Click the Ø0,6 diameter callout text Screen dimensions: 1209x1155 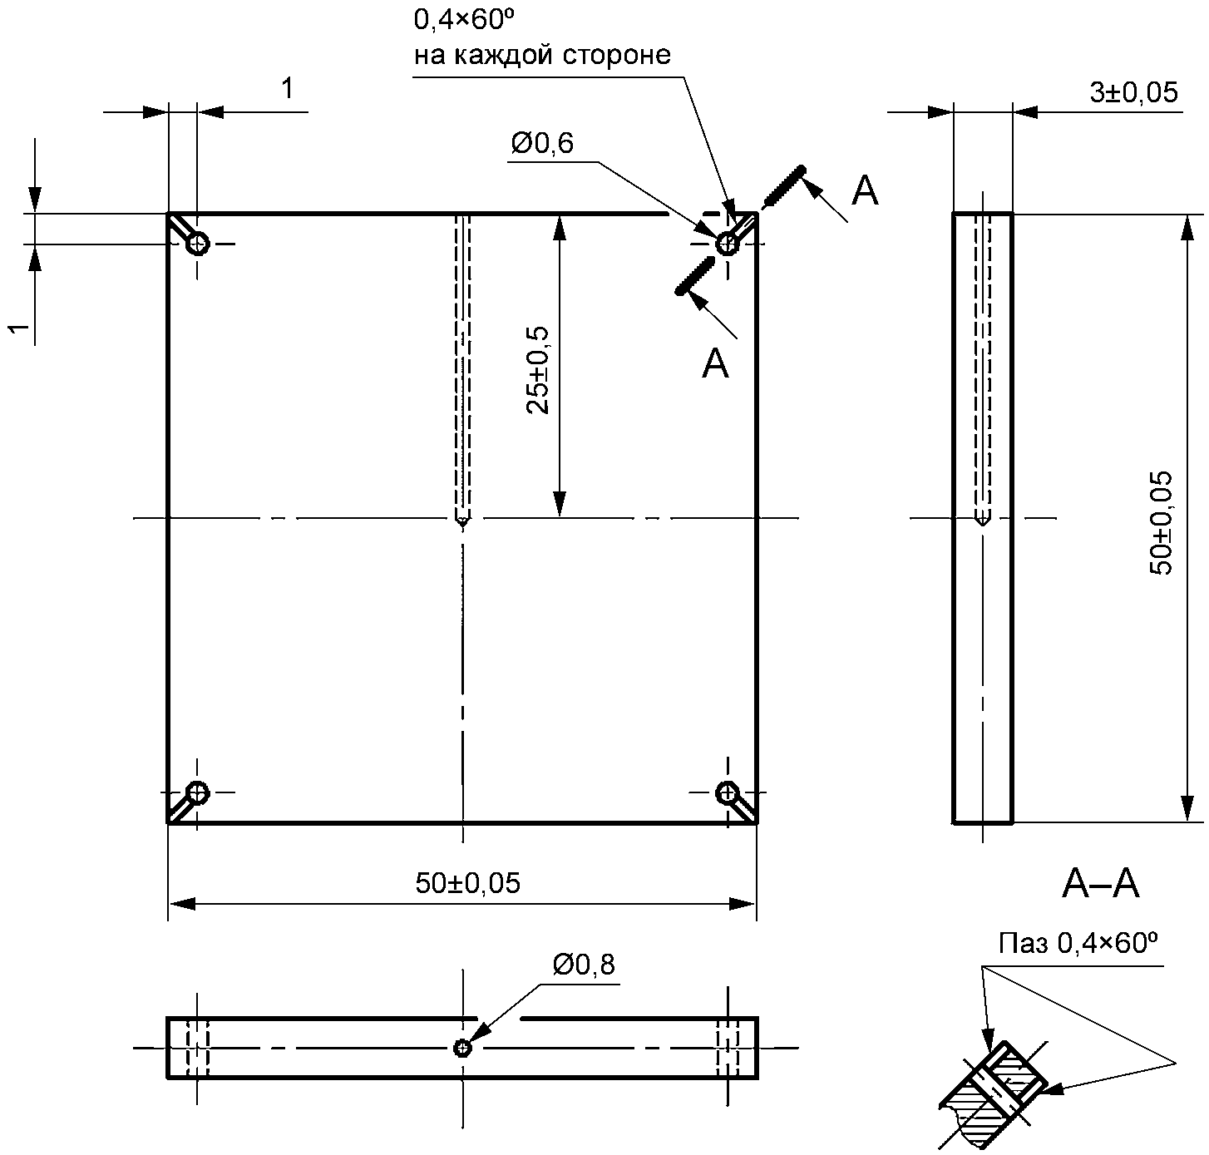click(x=542, y=144)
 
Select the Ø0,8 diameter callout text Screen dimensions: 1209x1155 click(x=584, y=965)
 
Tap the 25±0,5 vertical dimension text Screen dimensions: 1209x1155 click(x=538, y=370)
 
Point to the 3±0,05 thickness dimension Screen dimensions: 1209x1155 click(x=1134, y=92)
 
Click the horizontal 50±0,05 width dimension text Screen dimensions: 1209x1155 click(x=468, y=883)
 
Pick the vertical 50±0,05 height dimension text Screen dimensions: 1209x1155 click(x=1161, y=523)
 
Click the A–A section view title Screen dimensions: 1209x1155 click(x=1100, y=884)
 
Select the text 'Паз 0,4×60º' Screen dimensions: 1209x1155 click(x=1078, y=942)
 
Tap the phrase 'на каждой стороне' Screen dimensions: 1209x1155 click(x=542, y=55)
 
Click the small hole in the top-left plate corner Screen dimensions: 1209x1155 click(x=198, y=244)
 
